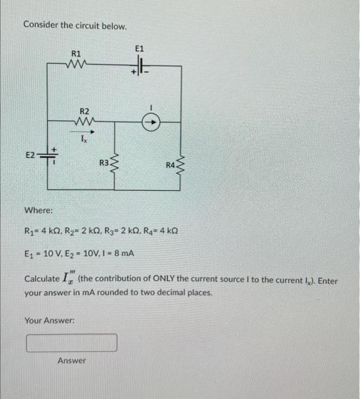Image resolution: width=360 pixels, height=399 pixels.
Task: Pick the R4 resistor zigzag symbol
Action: [182, 165]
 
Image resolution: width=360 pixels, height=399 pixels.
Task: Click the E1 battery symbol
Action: [140, 66]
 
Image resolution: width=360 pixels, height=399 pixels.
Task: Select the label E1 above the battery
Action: [140, 50]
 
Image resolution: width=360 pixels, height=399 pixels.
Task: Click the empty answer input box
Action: [72, 343]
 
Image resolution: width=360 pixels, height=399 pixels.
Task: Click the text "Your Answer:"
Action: [50, 320]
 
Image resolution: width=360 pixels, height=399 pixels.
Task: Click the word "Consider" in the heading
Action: [42, 26]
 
